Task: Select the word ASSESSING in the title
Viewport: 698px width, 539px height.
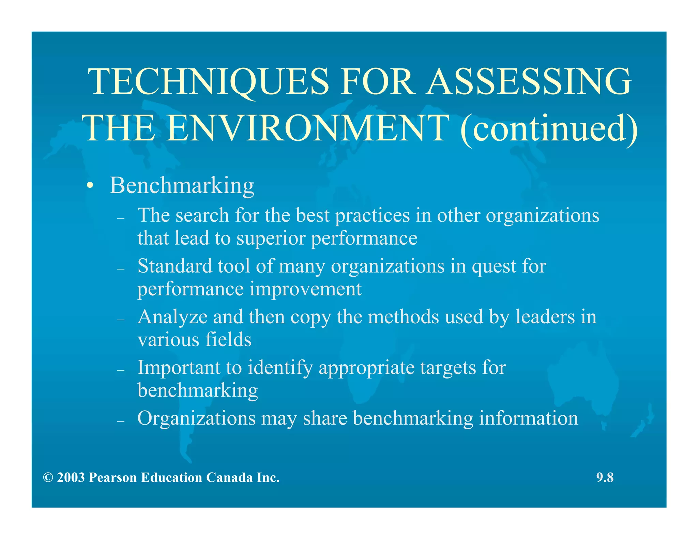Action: pyautogui.click(x=529, y=82)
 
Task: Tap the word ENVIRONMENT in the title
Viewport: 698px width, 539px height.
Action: pyautogui.click(x=306, y=128)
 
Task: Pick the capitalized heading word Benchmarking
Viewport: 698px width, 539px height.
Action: pyautogui.click(x=182, y=186)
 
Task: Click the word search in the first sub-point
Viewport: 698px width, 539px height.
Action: pyautogui.click(x=202, y=216)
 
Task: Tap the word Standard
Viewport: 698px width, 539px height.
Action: pyautogui.click(x=175, y=266)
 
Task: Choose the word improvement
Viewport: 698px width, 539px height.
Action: pyautogui.click(x=305, y=289)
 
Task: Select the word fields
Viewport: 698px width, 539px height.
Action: pyautogui.click(x=228, y=340)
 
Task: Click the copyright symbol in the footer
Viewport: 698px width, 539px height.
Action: pyautogui.click(x=48, y=478)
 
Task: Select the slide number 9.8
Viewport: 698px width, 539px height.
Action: pyautogui.click(x=605, y=478)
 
